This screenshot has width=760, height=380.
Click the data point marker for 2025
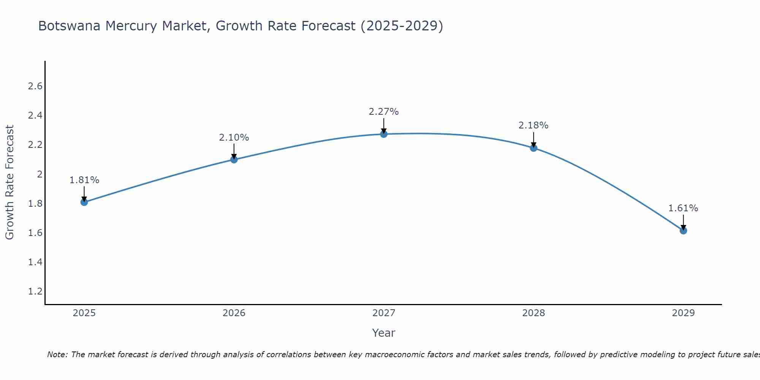point(84,202)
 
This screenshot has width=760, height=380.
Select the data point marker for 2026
point(234,160)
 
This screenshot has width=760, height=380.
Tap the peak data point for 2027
point(384,134)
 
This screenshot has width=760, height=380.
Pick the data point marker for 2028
point(534,148)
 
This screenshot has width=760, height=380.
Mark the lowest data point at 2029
point(683,231)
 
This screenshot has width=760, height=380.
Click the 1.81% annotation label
point(84,180)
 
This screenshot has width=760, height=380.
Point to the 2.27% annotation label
point(384,112)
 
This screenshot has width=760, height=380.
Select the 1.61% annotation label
point(683,208)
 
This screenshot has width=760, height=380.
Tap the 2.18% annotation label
point(534,125)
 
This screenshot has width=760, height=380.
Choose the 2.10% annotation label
point(234,138)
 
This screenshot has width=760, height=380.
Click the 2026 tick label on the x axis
point(234,313)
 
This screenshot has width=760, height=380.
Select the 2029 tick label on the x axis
point(683,313)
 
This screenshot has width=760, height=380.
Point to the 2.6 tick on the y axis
point(35,86)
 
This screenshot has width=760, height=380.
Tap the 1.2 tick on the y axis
point(35,291)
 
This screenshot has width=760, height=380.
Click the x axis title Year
point(384,333)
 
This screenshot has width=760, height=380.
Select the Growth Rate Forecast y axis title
point(9,182)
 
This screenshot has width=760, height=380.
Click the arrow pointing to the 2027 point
point(384,125)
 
